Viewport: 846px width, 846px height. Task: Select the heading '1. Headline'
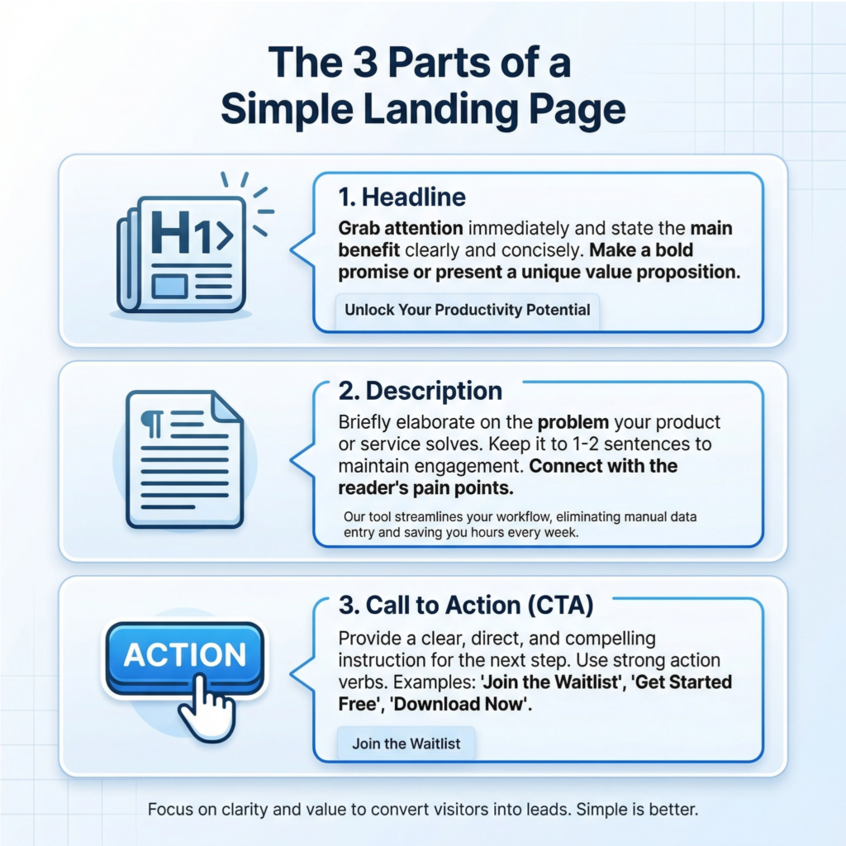click(x=402, y=197)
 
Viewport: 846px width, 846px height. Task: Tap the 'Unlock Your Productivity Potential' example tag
click(x=468, y=311)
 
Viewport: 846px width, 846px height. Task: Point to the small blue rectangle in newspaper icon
click(x=172, y=287)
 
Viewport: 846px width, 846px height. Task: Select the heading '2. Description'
click(x=421, y=391)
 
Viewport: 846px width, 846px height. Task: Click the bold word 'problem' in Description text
click(x=573, y=422)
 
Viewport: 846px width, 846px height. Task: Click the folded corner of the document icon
click(x=226, y=408)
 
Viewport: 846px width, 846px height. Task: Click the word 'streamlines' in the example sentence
click(x=424, y=517)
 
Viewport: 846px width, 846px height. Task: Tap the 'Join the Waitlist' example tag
click(x=406, y=744)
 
